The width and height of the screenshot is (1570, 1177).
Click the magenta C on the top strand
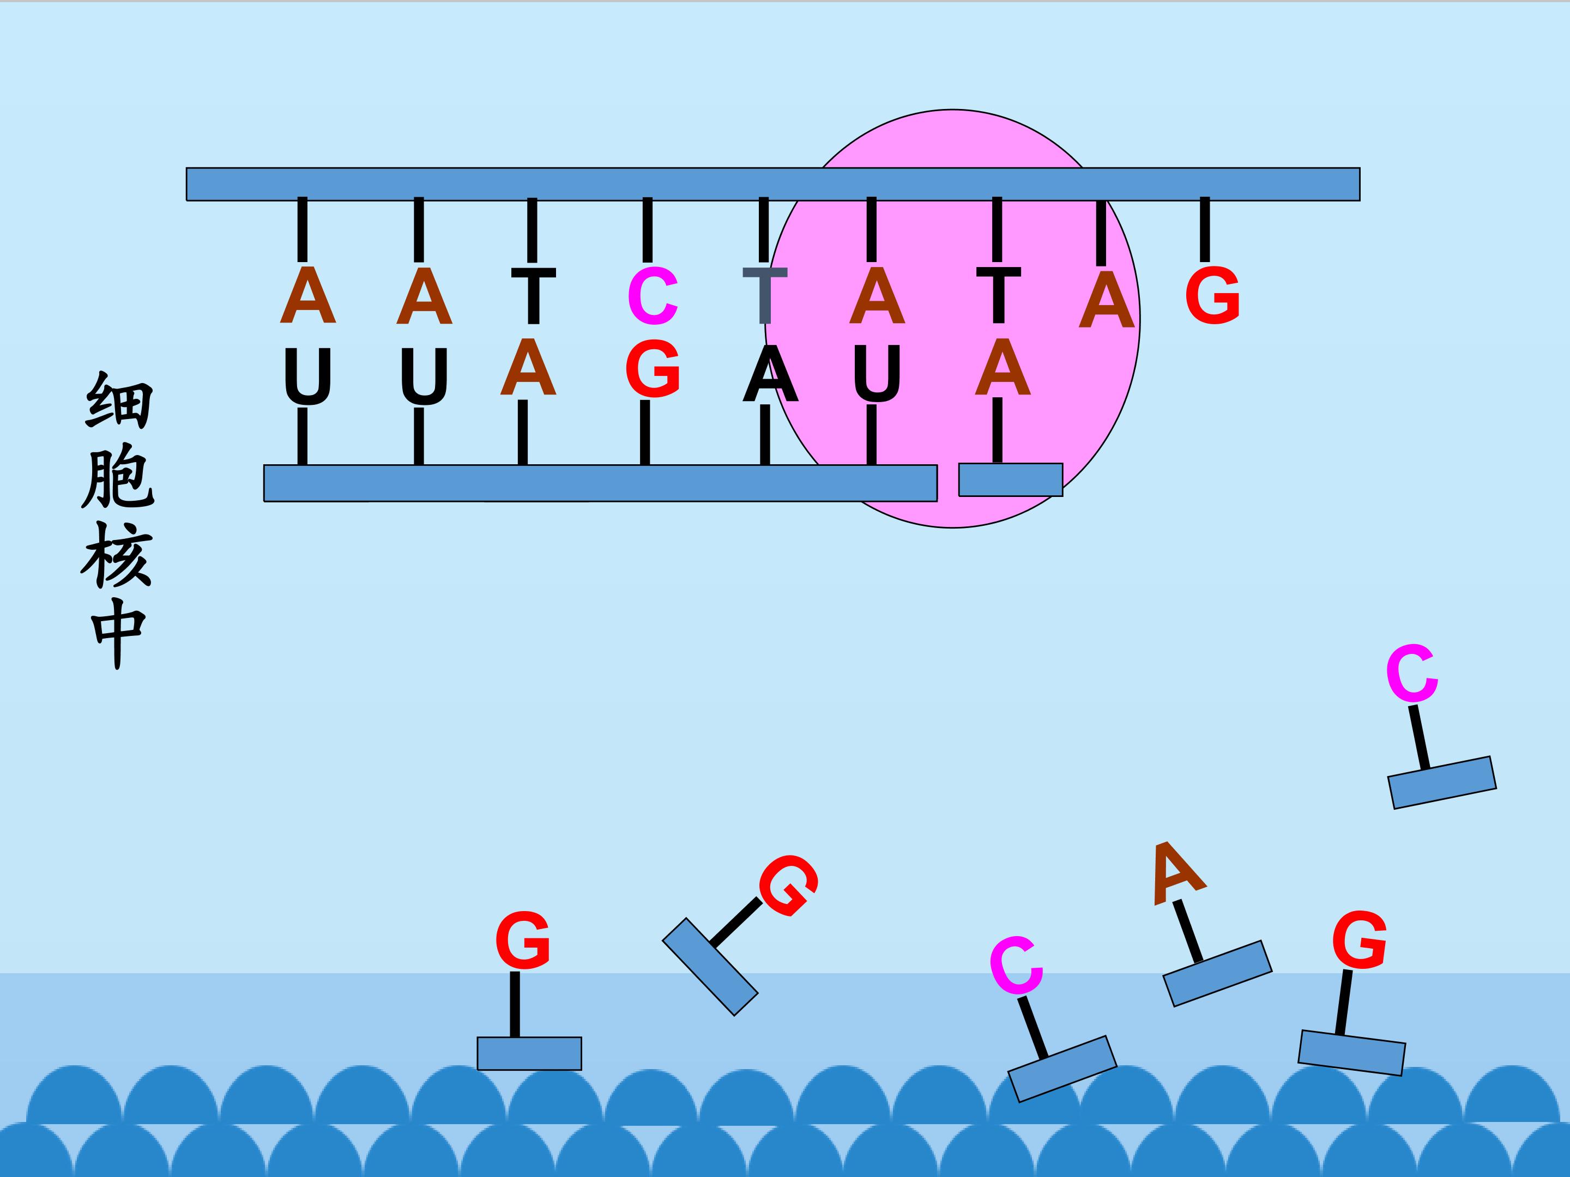click(653, 296)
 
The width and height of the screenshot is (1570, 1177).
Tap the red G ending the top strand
click(1212, 295)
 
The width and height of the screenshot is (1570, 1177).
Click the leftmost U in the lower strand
click(307, 377)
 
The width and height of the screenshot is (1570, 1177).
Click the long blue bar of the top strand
click(773, 185)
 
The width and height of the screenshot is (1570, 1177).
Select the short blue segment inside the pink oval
click(1011, 480)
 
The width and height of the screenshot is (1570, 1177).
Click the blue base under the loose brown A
click(1217, 973)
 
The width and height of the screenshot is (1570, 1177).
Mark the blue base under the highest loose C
click(1442, 782)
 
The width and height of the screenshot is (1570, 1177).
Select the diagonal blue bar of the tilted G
click(710, 967)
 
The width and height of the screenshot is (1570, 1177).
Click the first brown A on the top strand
click(307, 296)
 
